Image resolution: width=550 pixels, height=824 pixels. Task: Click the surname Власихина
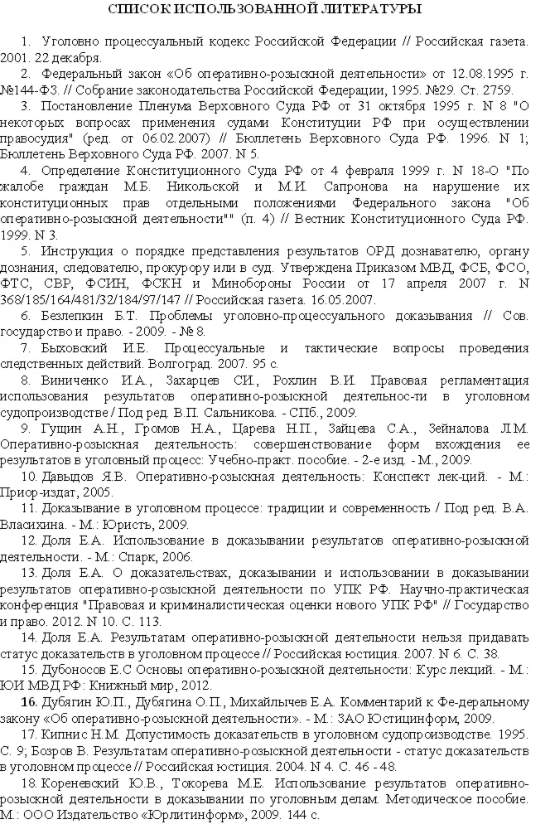pos(32,524)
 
